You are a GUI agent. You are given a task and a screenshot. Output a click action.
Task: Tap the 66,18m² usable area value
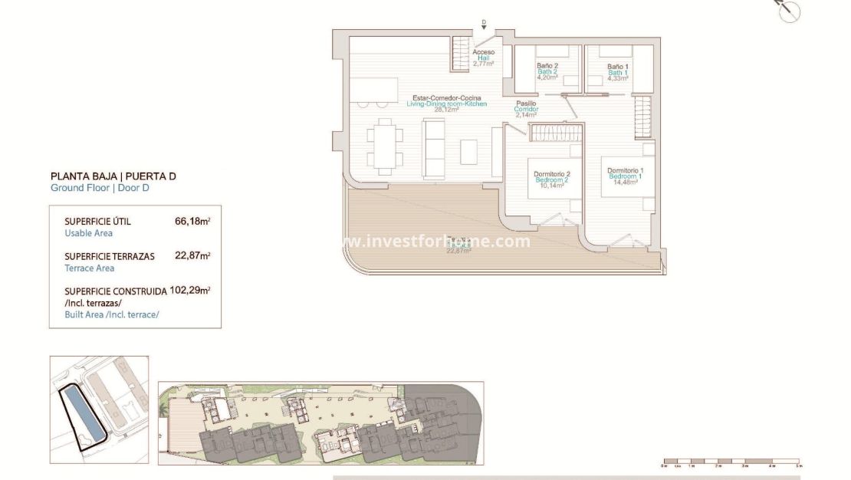point(192,222)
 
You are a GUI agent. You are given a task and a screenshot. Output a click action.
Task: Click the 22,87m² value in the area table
point(192,256)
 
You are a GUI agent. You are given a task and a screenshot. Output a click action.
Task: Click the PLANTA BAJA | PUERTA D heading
point(113,176)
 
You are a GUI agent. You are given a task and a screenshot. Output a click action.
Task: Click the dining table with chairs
point(384,146)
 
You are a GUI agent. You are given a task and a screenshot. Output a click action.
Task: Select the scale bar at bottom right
point(731,462)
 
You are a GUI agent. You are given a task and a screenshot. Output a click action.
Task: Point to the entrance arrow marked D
point(484,25)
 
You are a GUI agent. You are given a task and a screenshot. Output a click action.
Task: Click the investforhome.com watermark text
point(437,241)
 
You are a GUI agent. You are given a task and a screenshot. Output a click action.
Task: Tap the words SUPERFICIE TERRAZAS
point(110,256)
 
